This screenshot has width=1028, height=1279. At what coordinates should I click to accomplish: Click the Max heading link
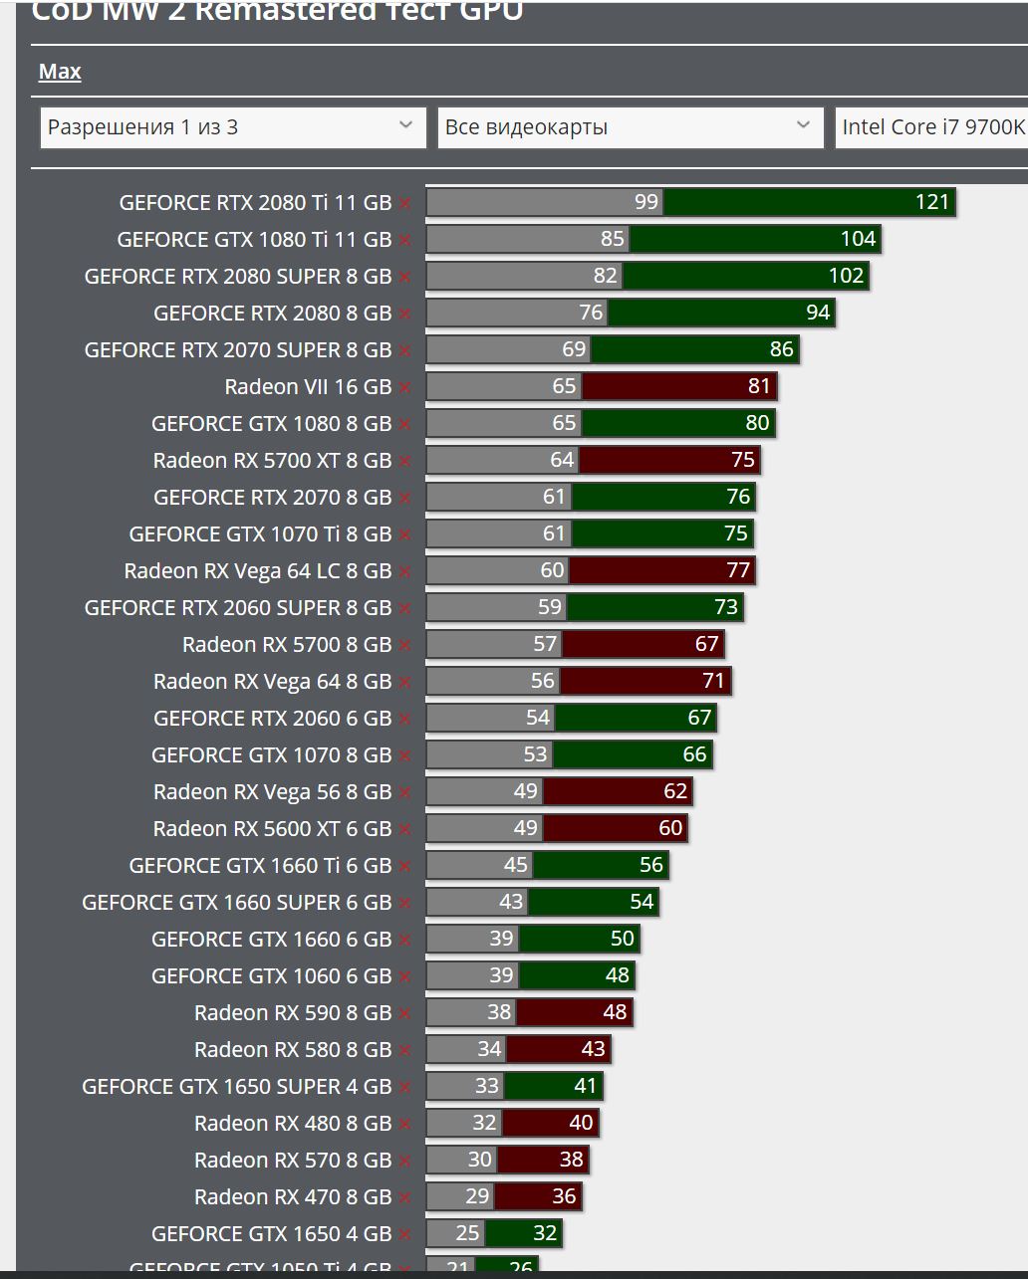coord(60,72)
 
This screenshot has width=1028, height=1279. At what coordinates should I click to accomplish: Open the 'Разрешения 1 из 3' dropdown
coord(233,127)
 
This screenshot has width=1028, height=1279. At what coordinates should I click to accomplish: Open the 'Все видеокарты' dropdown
coord(630,127)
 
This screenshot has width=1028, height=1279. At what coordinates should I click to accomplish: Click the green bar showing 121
coord(809,202)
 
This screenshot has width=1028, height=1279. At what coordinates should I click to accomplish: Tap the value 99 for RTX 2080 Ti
coord(646,202)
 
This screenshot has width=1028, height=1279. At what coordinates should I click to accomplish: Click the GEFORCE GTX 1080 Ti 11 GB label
coord(254,239)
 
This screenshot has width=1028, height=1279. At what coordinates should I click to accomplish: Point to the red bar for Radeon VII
coord(678,386)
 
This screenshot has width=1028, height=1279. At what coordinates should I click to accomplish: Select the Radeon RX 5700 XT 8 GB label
coord(272,460)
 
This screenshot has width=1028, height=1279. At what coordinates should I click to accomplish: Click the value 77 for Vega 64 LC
coord(738,570)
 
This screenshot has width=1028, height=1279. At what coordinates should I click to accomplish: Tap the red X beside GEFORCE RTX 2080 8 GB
coord(404,314)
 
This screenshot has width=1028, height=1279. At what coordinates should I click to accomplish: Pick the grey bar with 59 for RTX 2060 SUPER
coord(495,607)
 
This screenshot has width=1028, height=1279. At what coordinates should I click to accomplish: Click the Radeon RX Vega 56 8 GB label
coord(272,791)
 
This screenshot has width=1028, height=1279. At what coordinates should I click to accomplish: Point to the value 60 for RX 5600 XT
coord(670,828)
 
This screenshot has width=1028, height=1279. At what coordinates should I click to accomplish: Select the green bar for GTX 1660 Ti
coord(600,865)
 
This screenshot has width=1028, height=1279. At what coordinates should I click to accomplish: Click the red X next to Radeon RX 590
coord(404,1013)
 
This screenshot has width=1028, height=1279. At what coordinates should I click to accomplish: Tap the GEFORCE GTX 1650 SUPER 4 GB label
coord(236,1086)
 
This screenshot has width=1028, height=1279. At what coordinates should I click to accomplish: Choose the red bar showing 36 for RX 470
coord(537,1196)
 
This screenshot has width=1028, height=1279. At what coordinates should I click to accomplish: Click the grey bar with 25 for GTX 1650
coord(455,1233)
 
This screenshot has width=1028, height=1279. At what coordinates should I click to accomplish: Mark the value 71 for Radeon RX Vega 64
coord(713,681)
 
